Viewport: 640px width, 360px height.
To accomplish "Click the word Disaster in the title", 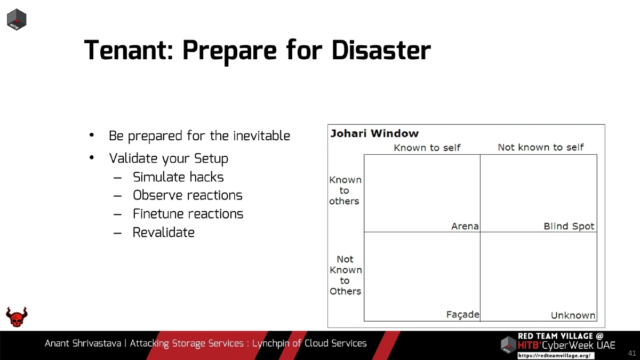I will [x=381, y=51].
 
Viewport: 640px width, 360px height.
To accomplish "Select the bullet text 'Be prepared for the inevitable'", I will [x=199, y=136].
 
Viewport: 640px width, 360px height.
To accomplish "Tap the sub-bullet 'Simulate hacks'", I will [x=178, y=177].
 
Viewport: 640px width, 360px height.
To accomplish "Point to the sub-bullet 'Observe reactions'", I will [x=187, y=195].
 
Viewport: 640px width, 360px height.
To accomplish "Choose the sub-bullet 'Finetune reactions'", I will [x=188, y=214].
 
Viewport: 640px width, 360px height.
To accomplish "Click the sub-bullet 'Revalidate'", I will [x=163, y=233].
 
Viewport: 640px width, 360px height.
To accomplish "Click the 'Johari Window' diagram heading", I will [x=374, y=133].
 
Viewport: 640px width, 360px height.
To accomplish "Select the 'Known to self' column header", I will [x=427, y=148].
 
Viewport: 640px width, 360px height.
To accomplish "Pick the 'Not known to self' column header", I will [x=540, y=147].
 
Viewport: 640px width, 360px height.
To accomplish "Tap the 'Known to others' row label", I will [x=345, y=190].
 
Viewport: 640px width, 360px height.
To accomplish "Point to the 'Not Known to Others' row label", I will [x=345, y=275].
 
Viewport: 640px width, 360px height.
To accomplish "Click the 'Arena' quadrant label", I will [x=465, y=226].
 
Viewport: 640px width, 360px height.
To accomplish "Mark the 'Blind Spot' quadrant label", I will [x=569, y=226].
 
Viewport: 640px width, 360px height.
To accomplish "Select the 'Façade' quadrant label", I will [x=462, y=315].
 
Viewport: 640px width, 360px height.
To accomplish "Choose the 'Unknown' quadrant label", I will [x=573, y=315].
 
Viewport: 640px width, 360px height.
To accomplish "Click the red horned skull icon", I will [x=17, y=317].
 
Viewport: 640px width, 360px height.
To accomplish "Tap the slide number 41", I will [x=633, y=353].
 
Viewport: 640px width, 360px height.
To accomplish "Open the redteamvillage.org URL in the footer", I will [x=555, y=356].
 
